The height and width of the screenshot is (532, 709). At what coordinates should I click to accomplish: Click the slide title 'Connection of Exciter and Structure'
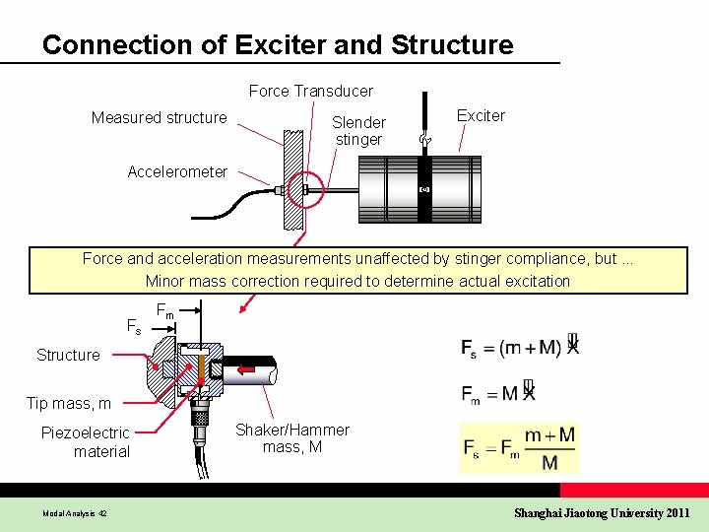coord(278,45)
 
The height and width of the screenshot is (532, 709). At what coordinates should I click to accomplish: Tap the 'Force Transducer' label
coord(310,91)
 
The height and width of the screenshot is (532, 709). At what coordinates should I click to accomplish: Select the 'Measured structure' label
coord(159,117)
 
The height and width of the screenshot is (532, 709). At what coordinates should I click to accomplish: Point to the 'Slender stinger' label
coord(358,130)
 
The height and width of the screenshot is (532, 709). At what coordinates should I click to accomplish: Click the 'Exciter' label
coord(481,115)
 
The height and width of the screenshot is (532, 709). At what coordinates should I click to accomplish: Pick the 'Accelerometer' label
coord(177,171)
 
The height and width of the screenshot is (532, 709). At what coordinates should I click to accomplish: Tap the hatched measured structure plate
coord(292,177)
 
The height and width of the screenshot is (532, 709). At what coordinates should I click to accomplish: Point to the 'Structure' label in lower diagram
coord(68,355)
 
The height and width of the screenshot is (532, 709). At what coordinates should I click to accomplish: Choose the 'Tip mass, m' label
coord(69,403)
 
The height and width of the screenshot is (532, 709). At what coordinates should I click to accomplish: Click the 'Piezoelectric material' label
coord(86,441)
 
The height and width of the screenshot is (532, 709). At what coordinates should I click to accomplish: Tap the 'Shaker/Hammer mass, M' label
coord(291,438)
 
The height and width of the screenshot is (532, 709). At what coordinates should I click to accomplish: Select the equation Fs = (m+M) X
coord(520,347)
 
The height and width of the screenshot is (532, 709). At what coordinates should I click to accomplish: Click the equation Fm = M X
coord(499,393)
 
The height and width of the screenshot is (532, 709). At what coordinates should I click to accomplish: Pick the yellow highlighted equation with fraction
coord(520,449)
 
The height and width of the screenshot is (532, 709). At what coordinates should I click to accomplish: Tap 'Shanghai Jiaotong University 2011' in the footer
coord(603,512)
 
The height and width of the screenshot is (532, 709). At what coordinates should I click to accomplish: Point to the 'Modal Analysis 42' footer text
coord(75,513)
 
